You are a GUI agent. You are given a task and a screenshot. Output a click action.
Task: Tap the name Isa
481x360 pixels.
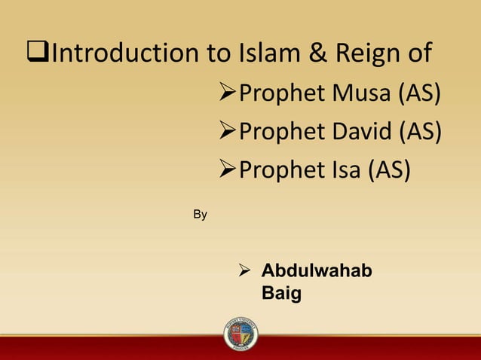coord(342,171)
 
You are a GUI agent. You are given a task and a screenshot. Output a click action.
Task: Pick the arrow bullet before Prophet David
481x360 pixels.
coord(225,133)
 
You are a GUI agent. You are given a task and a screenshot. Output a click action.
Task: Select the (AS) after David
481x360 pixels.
coord(421,132)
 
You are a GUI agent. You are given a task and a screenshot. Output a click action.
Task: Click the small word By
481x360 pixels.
coord(200,215)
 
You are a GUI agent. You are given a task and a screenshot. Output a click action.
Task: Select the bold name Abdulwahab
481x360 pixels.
coord(316,271)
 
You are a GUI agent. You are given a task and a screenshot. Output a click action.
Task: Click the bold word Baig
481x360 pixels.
coord(281,292)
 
